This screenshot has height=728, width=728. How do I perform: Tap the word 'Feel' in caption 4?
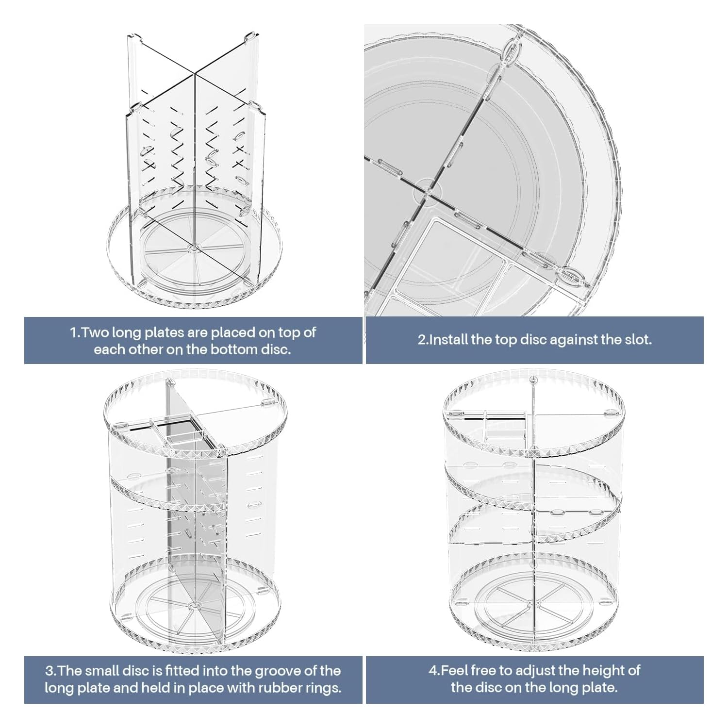(453, 671)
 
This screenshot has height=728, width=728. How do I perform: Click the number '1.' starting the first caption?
(75, 332)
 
